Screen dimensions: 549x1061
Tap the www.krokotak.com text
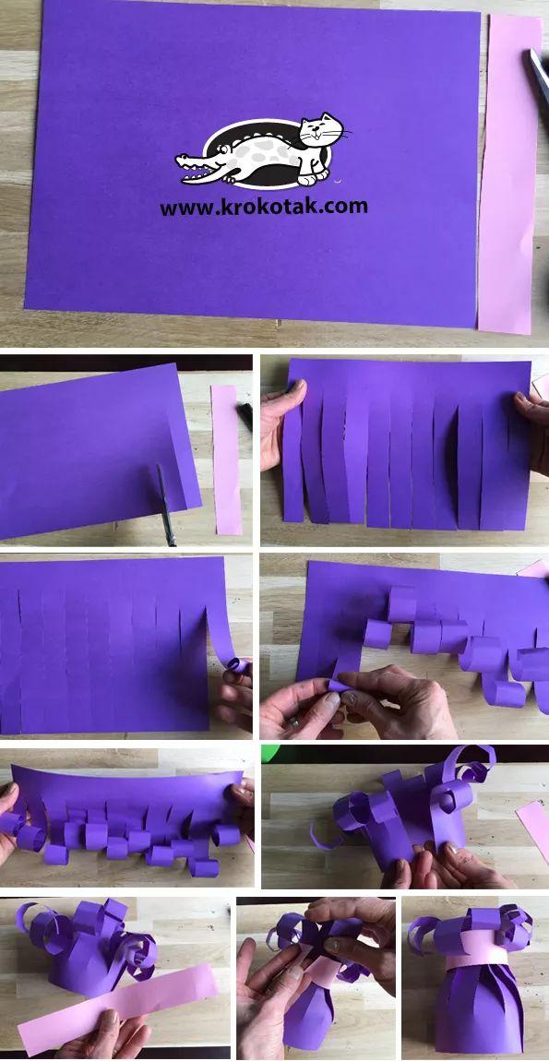click(x=264, y=207)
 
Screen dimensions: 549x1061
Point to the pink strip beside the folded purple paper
click(x=226, y=460)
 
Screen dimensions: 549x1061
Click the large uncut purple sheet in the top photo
click(x=252, y=162)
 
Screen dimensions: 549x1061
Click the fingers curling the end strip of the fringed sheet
click(x=235, y=690)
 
